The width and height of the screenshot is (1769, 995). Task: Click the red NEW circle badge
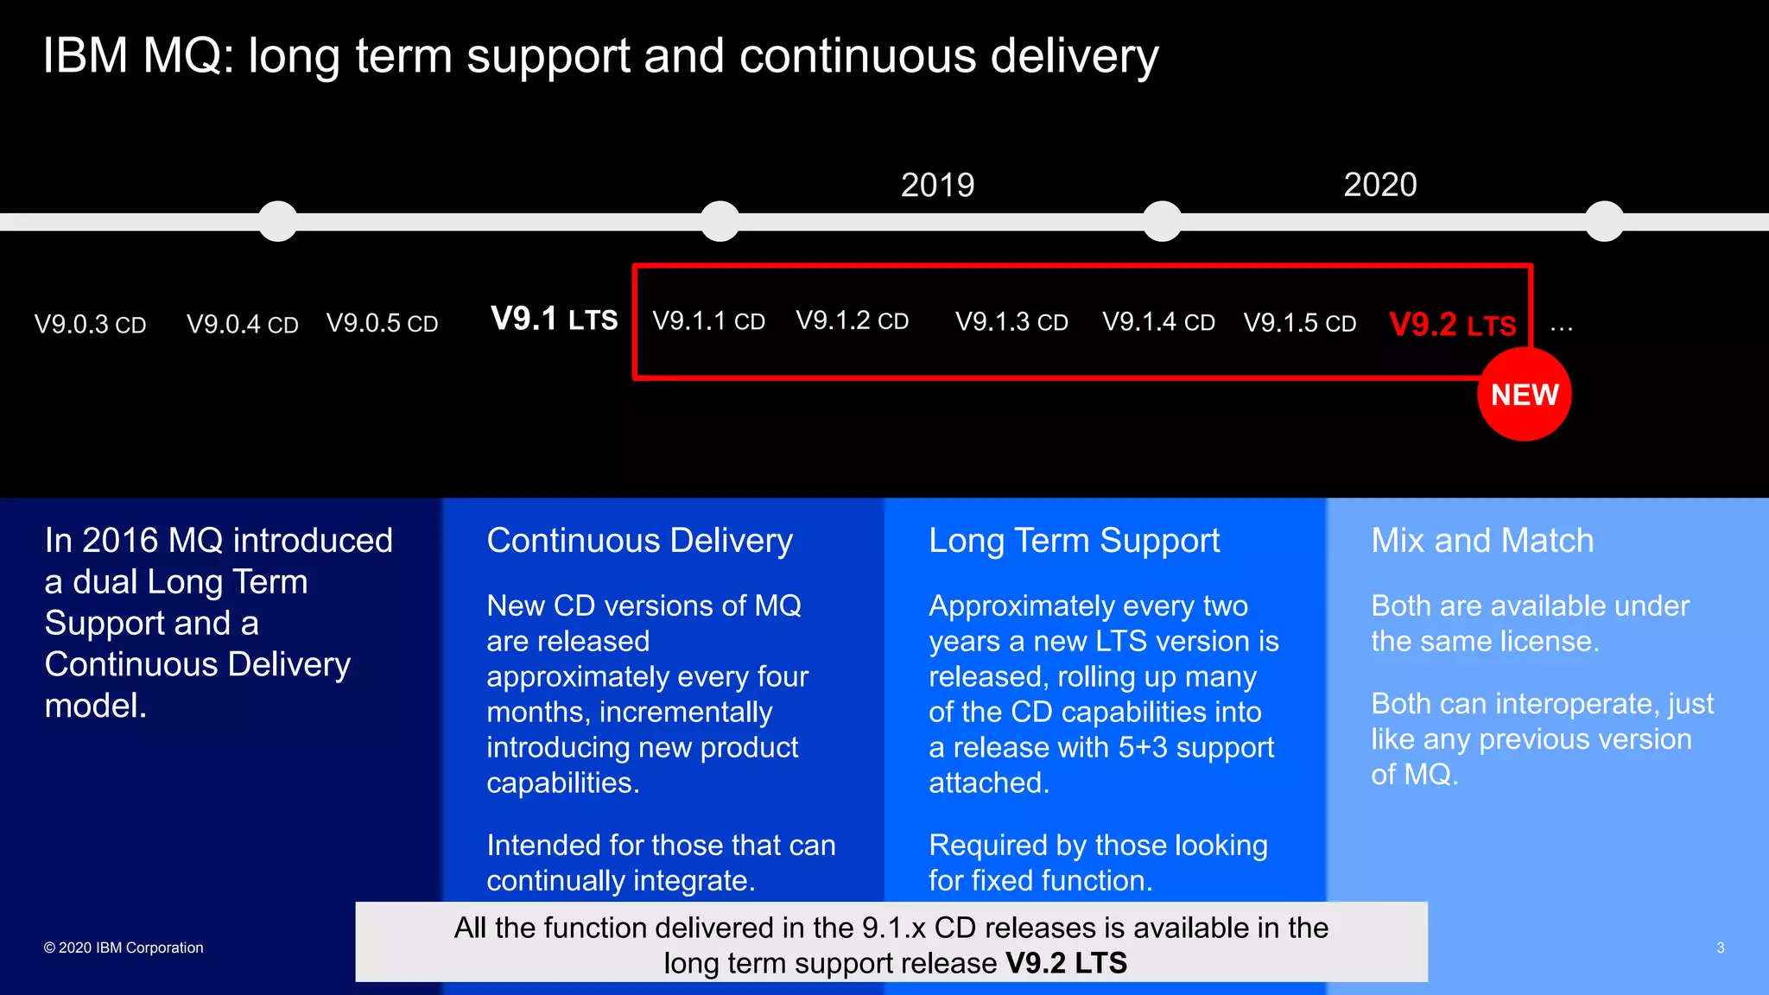[x=1524, y=395]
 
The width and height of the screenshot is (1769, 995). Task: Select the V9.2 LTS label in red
[x=1452, y=325]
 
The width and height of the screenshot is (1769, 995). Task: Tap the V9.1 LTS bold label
[x=554, y=319]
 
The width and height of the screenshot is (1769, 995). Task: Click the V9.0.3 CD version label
[x=90, y=325]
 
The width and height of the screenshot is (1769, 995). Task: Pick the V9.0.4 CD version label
[x=243, y=325]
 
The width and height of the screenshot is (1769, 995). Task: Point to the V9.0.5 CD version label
[x=382, y=324]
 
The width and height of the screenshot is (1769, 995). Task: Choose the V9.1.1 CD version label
[x=708, y=321]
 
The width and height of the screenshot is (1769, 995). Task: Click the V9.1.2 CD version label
[x=852, y=321]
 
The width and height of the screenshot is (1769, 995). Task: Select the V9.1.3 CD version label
[x=1011, y=322]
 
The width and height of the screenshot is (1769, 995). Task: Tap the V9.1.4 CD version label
[x=1158, y=322]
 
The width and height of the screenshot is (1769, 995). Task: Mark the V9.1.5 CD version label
[x=1299, y=323]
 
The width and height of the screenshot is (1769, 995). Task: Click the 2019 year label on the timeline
[x=937, y=185]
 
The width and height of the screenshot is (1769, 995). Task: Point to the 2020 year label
[x=1379, y=185]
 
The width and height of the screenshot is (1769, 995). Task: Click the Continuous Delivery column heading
[x=639, y=541]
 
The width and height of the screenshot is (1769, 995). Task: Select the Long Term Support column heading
[x=1074, y=542]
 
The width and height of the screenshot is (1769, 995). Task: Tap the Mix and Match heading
[x=1482, y=541]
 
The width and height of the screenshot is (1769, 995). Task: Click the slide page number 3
[x=1720, y=947]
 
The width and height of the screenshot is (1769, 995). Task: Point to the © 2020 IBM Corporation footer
[x=124, y=947]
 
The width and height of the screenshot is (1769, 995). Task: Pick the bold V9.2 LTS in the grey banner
[x=1066, y=963]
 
